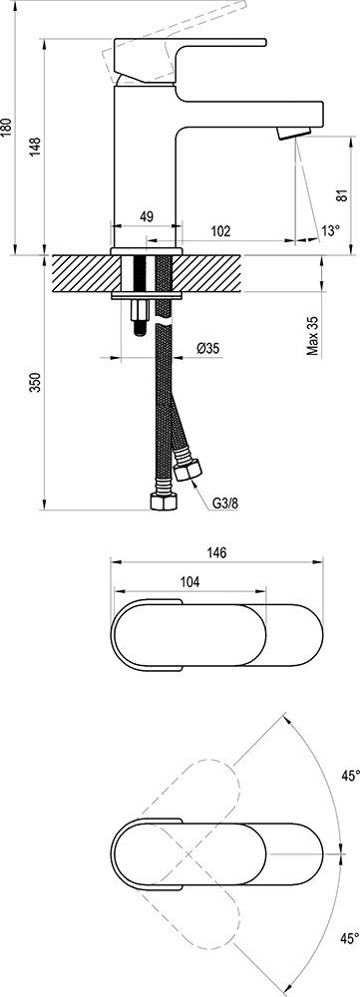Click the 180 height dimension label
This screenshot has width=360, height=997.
tap(7, 129)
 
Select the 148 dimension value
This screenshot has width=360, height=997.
tap(35, 147)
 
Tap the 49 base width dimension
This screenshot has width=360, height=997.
tap(146, 216)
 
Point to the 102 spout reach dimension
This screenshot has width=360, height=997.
tap(220, 230)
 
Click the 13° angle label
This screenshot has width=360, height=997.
tap(331, 231)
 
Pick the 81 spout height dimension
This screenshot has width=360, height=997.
tap(342, 195)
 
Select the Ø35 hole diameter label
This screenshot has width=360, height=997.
tap(208, 348)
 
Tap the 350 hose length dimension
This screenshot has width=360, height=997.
tap(35, 382)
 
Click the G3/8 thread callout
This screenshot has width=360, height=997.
tap(224, 504)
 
